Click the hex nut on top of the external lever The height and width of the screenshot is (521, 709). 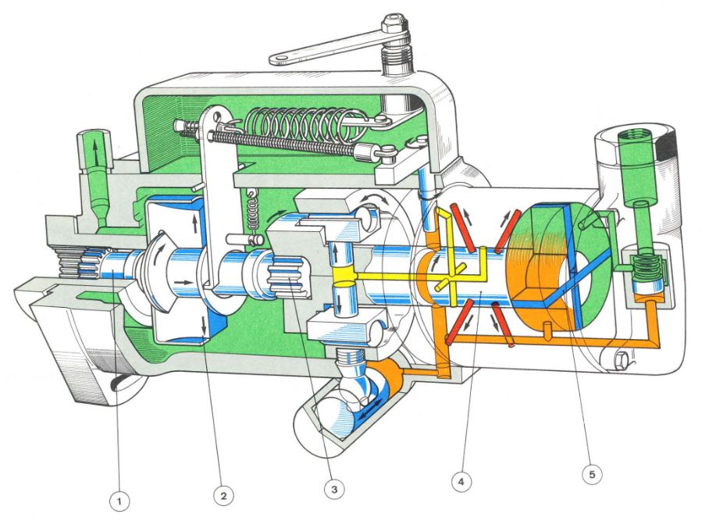pyautogui.click(x=394, y=24)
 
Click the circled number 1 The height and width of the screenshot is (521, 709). pyautogui.click(x=119, y=501)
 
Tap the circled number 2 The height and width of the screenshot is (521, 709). pyautogui.click(x=224, y=496)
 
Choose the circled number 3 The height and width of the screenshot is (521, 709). pyautogui.click(x=334, y=489)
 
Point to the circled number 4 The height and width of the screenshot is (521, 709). pyautogui.click(x=461, y=482)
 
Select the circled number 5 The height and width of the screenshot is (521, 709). pyautogui.click(x=593, y=474)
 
